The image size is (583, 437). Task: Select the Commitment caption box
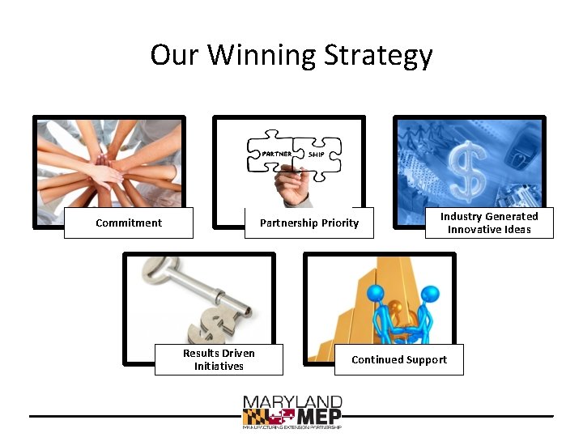point(129,223)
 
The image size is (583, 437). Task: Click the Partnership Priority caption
point(309,223)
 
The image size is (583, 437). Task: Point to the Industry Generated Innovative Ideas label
point(489,223)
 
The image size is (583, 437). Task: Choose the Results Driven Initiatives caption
point(219,359)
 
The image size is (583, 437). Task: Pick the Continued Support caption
point(399,359)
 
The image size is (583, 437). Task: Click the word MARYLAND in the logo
point(293,402)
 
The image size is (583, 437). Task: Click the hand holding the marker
point(293,189)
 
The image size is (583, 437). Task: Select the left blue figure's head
point(375,292)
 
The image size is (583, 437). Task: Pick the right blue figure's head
point(430,292)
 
